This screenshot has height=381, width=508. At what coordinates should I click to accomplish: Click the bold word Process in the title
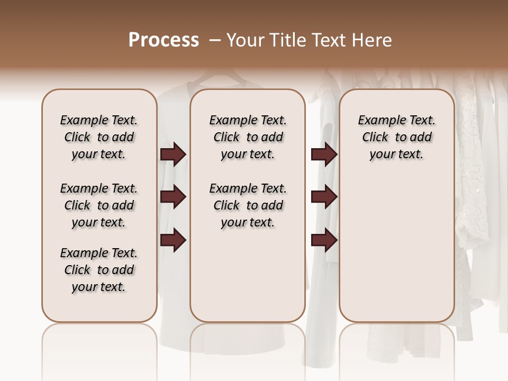coord(164,40)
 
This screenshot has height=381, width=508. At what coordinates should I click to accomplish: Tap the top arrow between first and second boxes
coord(173,155)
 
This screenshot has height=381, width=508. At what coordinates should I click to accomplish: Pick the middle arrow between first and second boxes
coord(173,197)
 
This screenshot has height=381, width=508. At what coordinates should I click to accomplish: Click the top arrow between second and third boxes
coord(324,155)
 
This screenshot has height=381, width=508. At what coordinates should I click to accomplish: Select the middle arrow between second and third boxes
coord(324,197)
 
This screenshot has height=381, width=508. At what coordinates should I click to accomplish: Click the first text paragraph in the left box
coord(99,137)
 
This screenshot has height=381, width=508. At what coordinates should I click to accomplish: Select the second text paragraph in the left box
coord(99,205)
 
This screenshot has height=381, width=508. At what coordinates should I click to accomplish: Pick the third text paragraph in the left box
coord(99,270)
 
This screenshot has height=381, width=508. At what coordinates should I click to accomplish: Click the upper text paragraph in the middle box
coord(248,137)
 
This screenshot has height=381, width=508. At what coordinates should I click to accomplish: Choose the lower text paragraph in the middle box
coord(248,205)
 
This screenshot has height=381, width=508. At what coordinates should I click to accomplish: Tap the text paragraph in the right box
coord(396,137)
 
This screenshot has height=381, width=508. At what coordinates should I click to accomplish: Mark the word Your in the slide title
coord(244,40)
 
